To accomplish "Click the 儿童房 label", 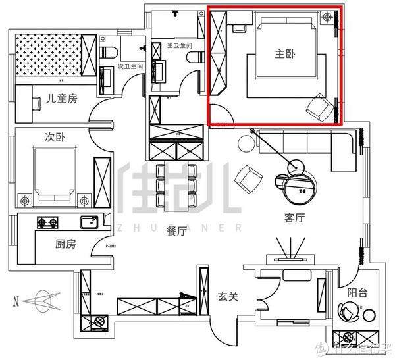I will [62, 99].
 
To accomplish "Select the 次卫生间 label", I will [130, 67].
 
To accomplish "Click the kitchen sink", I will [88, 222].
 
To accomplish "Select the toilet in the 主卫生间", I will [192, 58].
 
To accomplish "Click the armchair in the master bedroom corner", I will [319, 107].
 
